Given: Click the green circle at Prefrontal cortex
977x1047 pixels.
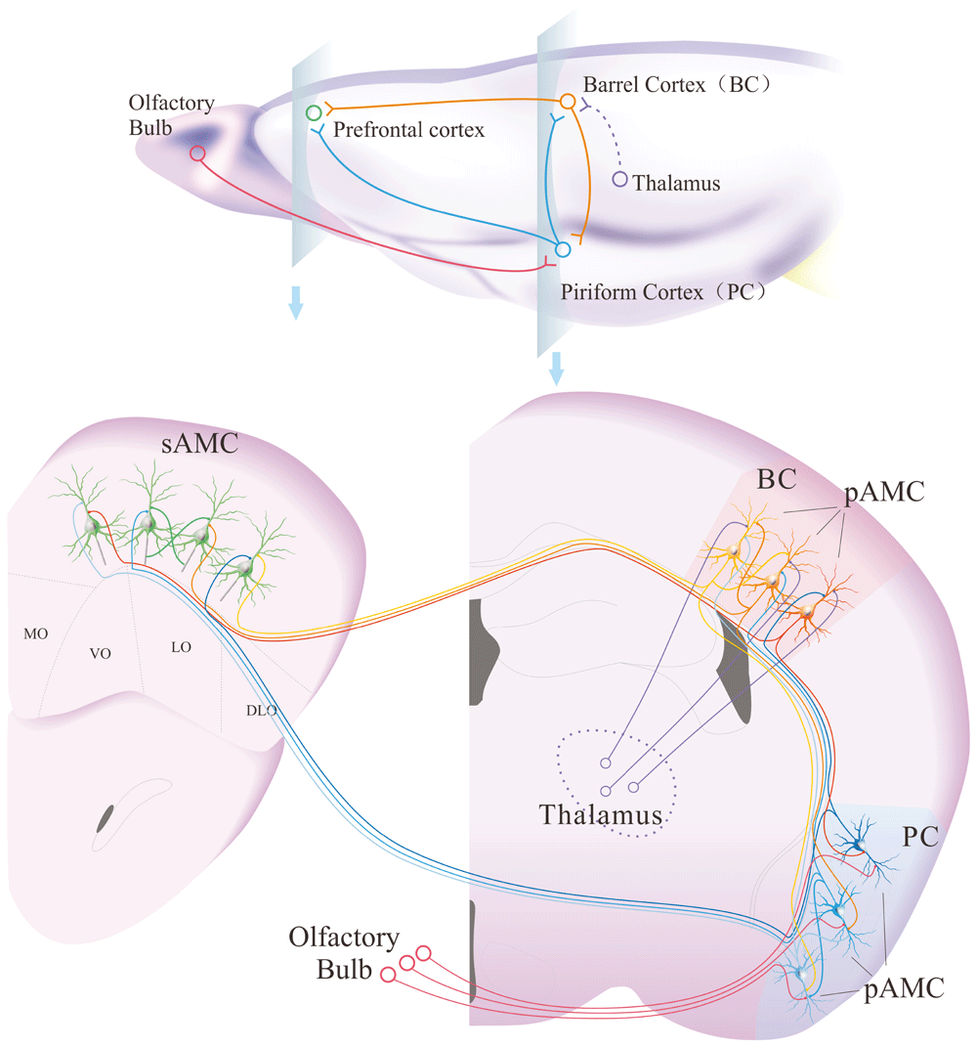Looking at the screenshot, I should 314,113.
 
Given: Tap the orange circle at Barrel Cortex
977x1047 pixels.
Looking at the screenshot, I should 567,102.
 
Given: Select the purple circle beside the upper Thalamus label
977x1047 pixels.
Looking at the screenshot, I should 619,179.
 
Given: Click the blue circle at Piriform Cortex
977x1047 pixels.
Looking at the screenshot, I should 562,250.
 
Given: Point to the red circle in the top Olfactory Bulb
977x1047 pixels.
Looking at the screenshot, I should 198,153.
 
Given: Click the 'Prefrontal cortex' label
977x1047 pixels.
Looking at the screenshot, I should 408,129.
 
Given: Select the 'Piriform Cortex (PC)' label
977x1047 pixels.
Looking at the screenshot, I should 662,291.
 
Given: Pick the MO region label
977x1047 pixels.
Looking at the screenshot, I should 35,634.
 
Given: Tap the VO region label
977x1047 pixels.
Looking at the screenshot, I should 101,653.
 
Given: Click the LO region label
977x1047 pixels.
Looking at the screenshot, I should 181,646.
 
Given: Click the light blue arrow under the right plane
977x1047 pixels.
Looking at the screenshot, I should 558,369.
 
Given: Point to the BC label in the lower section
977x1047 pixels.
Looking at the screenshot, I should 778,480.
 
